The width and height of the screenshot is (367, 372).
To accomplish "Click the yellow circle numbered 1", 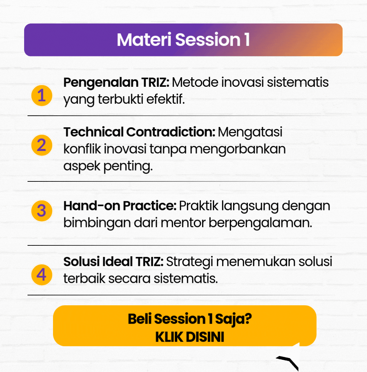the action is (x=42, y=95).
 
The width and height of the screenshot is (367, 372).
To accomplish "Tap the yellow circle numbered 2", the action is (x=42, y=145).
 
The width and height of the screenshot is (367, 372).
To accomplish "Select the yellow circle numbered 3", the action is (x=42, y=211).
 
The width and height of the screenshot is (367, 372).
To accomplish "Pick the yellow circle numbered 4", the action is (x=42, y=275).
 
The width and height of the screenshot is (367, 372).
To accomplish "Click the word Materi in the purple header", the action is (x=144, y=39).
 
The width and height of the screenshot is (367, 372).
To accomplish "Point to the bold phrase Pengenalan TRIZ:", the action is (x=116, y=83).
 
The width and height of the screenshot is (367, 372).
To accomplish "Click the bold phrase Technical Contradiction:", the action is (x=139, y=132).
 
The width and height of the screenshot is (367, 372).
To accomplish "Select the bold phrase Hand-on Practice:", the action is (x=120, y=206).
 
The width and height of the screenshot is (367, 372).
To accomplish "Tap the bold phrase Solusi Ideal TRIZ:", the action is (x=113, y=262).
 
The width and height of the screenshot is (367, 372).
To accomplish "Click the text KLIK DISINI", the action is (x=190, y=337).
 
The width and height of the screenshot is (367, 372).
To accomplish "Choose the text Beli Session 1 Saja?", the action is (x=190, y=319).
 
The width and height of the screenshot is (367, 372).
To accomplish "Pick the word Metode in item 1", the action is (x=195, y=83).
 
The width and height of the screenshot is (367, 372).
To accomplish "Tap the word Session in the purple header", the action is (x=208, y=39).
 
